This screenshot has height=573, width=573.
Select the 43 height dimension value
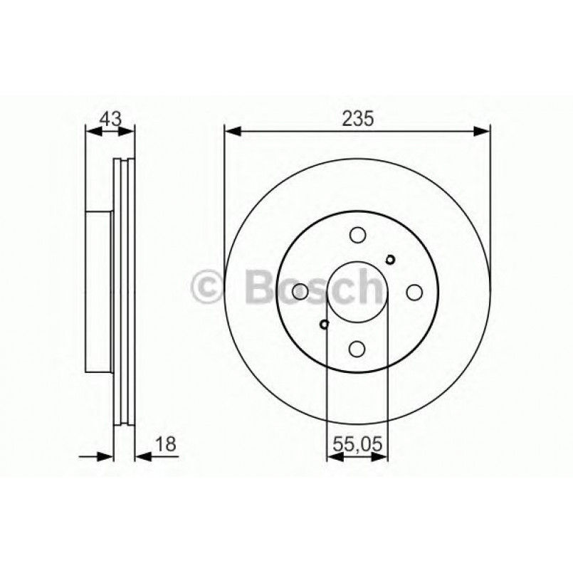[110, 119]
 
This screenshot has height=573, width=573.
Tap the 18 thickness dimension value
[166, 444]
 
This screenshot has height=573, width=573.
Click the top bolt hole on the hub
[357, 234]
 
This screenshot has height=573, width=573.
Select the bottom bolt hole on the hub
[357, 348]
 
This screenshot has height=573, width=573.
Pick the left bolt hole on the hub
[300, 291]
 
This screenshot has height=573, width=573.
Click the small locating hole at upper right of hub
[390, 258]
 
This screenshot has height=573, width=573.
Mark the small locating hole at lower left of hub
[325, 325]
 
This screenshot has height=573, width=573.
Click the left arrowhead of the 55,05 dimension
[332, 456]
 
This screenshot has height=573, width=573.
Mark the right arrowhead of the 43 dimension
[129, 130]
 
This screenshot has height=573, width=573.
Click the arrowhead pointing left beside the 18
[140, 456]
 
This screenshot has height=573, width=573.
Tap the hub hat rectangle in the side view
[99, 291]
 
